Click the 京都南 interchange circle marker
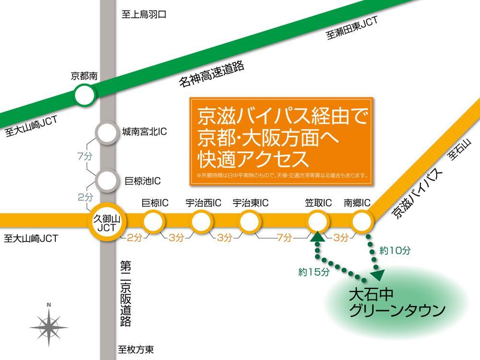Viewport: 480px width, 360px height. (x=84, y=95)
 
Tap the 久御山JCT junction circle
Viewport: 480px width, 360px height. (x=106, y=223)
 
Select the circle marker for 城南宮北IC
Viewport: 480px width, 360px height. (x=106, y=133)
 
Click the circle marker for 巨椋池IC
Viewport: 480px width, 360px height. (x=106, y=180)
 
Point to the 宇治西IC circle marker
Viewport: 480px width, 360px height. (x=202, y=222)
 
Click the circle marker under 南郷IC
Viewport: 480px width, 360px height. (x=362, y=222)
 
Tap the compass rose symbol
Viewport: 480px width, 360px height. (x=49, y=327)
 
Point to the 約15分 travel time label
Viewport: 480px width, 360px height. (x=313, y=272)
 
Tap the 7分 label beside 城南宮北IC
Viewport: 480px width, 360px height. (x=84, y=156)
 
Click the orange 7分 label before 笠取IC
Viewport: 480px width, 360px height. (x=284, y=238)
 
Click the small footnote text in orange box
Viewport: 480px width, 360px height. (x=282, y=176)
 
